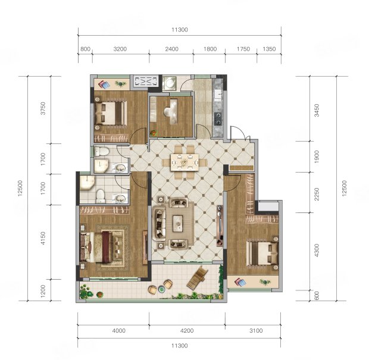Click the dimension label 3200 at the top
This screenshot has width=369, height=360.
click(x=120, y=49)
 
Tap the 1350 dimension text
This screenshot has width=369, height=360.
click(x=269, y=49)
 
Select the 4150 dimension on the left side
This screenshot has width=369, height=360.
click(x=43, y=238)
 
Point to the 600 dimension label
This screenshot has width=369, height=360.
click(x=317, y=296)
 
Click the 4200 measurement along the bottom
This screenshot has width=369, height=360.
click(x=187, y=331)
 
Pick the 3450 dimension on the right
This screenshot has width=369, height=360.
click(x=317, y=110)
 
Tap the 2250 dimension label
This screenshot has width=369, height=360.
click(x=317, y=194)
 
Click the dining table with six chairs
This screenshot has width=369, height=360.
click(x=185, y=162)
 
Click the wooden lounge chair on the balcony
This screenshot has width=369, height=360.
click(x=198, y=278)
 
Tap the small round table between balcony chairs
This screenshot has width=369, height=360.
click(x=161, y=289)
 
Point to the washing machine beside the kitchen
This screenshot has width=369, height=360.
click(x=169, y=83)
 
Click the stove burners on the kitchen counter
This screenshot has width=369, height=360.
click(x=218, y=118)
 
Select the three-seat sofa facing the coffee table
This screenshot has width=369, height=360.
click(x=159, y=224)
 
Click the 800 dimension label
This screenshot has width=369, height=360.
click(x=85, y=49)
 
